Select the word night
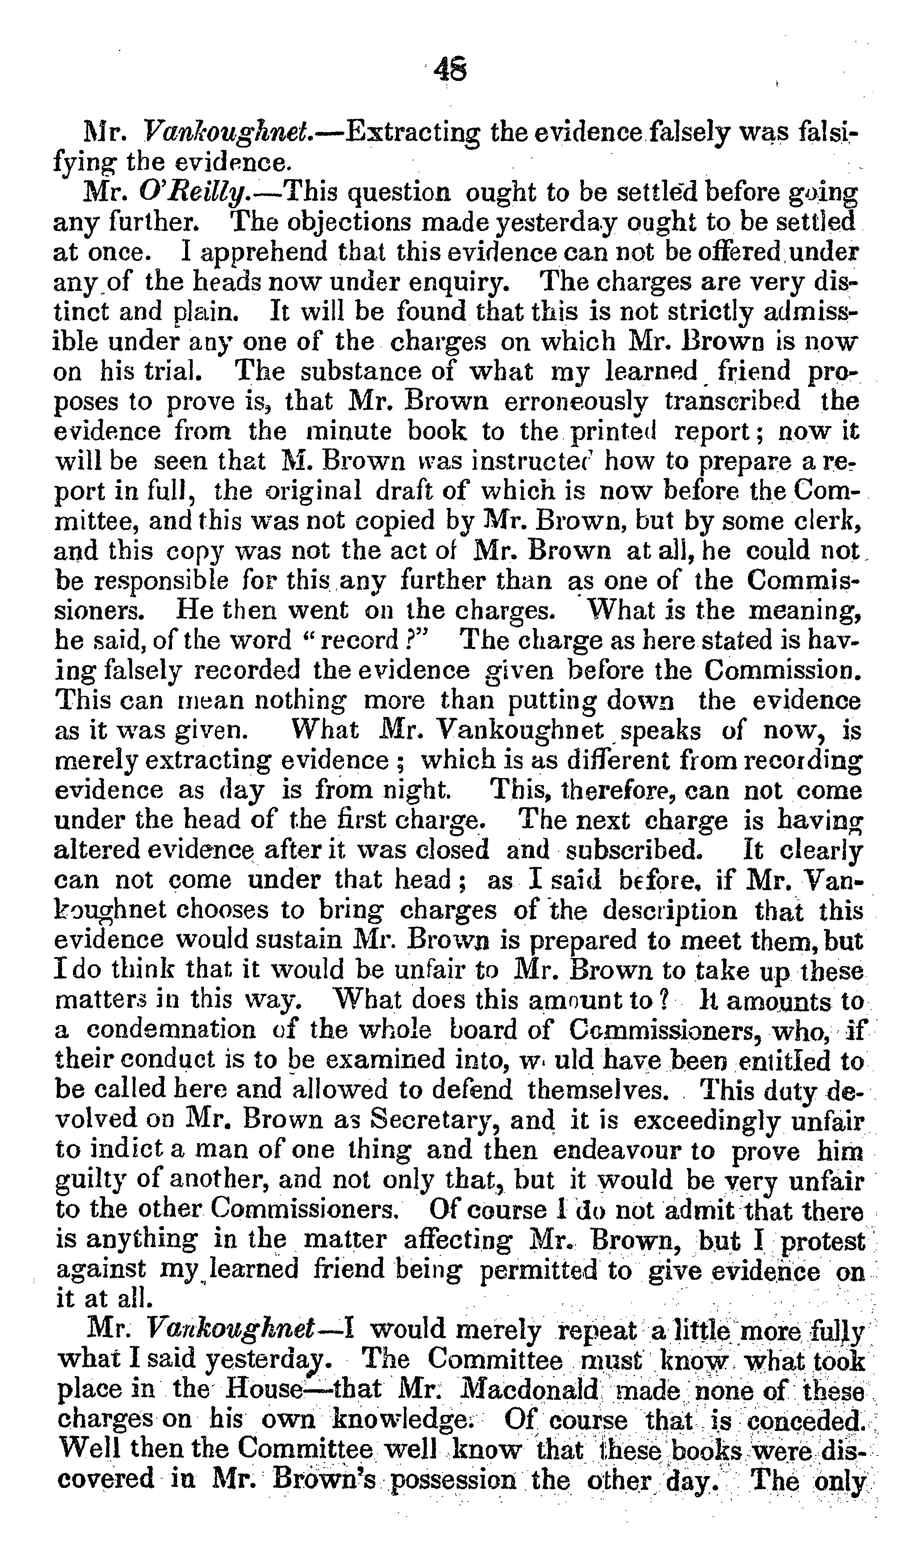[x=415, y=790]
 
